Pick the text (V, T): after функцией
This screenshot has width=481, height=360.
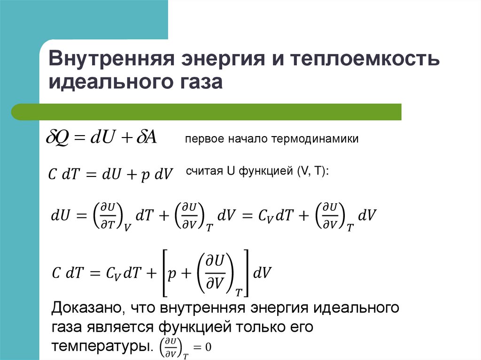313,171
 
